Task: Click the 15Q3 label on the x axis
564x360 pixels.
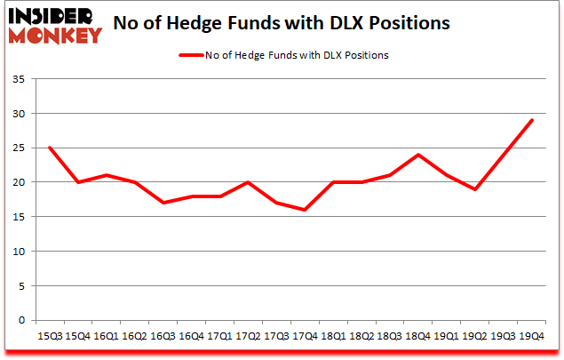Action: click(49, 336)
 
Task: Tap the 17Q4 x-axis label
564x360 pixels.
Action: click(304, 336)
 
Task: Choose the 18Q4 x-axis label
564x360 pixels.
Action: click(417, 336)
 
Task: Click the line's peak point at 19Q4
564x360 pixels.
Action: click(531, 121)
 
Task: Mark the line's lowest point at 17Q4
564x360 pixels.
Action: click(304, 210)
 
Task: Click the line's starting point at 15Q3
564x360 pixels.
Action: click(49, 148)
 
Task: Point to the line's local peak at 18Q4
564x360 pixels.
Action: click(417, 155)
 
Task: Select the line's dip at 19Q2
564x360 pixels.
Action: click(474, 189)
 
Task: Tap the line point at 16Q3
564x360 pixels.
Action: click(163, 203)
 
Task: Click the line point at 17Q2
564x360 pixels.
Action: click(247, 182)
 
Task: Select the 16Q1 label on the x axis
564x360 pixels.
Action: click(106, 336)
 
